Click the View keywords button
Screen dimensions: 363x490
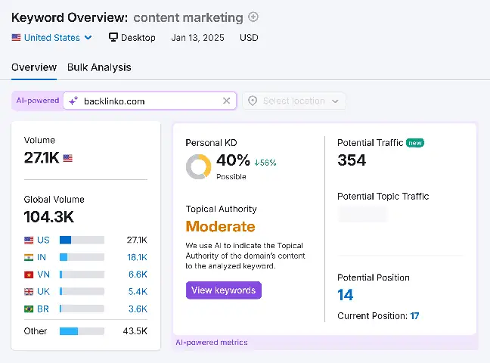[223, 290]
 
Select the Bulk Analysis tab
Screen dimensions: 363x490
[99, 67]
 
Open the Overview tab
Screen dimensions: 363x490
[34, 67]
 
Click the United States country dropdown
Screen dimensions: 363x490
[52, 37]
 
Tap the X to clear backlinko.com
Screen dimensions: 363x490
[226, 101]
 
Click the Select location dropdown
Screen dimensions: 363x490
[293, 101]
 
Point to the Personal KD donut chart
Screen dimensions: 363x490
[198, 166]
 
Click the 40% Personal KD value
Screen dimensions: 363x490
[233, 160]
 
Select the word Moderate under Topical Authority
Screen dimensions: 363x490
[220, 226]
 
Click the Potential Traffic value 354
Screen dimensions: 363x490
[352, 160]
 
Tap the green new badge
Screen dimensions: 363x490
[414, 142]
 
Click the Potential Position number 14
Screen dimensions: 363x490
[346, 295]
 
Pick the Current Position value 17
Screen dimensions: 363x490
[414, 316]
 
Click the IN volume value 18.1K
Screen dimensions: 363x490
[137, 257]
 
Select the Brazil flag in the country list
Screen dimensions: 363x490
[29, 309]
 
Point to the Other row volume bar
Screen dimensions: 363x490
[82, 331]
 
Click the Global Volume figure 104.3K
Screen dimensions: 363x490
[49, 217]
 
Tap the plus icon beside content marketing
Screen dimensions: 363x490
[253, 17]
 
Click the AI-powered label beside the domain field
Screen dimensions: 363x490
[38, 101]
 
